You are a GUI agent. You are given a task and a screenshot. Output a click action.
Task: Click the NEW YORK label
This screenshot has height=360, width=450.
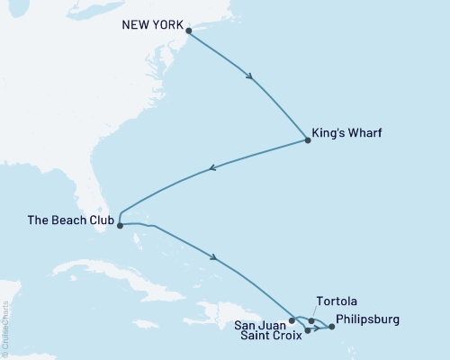pos(150,24)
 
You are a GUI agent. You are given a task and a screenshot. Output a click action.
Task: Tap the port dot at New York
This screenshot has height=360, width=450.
pos(188,32)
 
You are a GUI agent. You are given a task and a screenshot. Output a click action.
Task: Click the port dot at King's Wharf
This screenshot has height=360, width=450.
pos(309,141)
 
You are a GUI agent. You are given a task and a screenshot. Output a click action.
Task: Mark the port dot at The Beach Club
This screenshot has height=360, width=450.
pos(120,226)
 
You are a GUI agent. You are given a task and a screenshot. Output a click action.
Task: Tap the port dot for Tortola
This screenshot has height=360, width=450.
pos(312,320)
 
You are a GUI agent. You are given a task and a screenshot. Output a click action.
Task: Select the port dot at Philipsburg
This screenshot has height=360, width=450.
pos(331,327)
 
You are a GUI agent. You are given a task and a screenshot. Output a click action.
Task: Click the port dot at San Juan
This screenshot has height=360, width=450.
pos(292,319)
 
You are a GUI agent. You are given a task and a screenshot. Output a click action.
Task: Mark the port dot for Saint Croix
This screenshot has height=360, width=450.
pos(308,330)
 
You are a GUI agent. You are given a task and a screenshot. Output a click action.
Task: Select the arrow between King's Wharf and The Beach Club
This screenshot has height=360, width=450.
pos(212,167)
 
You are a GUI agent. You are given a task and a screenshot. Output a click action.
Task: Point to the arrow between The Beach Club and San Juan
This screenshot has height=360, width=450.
pos(214,258)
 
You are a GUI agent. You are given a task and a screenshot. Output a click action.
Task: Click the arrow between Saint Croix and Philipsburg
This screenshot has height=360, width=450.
pos(319,328)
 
